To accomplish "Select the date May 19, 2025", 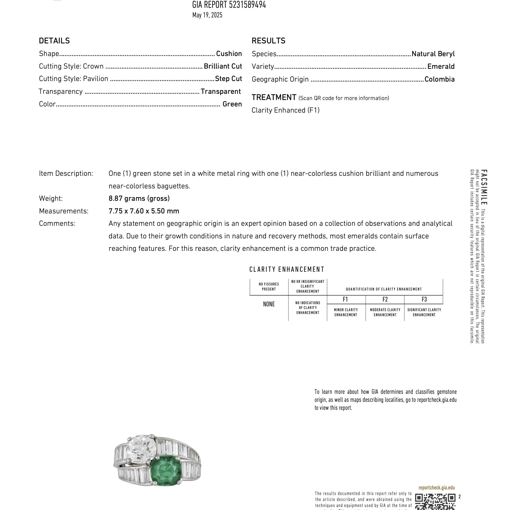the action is pyautogui.click(x=207, y=15).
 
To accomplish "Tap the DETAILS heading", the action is pyautogui.click(x=54, y=41).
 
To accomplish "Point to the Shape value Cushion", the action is pyautogui.click(x=229, y=54).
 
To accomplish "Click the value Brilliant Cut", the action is pyautogui.click(x=223, y=66).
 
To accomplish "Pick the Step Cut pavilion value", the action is pyautogui.click(x=228, y=79).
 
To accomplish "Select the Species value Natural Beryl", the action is pyautogui.click(x=433, y=54).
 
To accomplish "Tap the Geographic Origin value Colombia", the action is pyautogui.click(x=440, y=79).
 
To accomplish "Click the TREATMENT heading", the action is pyautogui.click(x=274, y=97).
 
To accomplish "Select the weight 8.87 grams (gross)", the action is pyautogui.click(x=139, y=199).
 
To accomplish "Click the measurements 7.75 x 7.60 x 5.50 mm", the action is pyautogui.click(x=144, y=211).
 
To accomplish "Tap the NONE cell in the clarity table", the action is pyautogui.click(x=269, y=304).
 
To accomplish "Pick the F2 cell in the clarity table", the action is pyautogui.click(x=385, y=299).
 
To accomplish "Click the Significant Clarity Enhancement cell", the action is pyautogui.click(x=424, y=312).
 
